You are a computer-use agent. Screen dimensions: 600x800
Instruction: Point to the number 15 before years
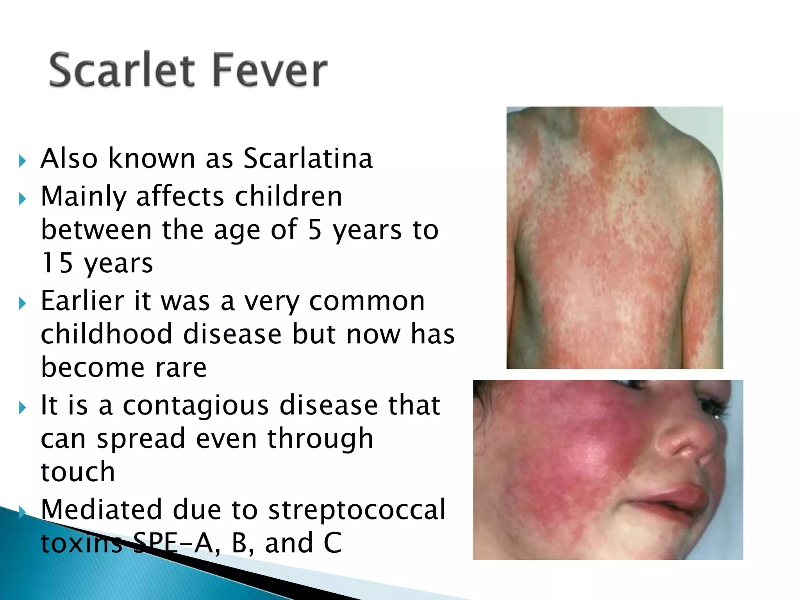57,262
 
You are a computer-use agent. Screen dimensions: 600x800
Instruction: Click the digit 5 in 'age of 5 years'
315,230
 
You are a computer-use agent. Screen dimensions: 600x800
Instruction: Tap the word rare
181,368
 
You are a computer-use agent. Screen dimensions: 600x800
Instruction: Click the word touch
78,471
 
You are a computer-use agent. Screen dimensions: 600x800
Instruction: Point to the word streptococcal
357,509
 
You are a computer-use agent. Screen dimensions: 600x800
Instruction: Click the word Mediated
101,509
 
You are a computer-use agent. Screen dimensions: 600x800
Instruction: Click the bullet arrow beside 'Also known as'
22,161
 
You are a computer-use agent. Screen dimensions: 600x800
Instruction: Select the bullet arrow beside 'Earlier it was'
22,303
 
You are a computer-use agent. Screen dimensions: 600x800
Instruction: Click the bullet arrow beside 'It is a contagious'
22,408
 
